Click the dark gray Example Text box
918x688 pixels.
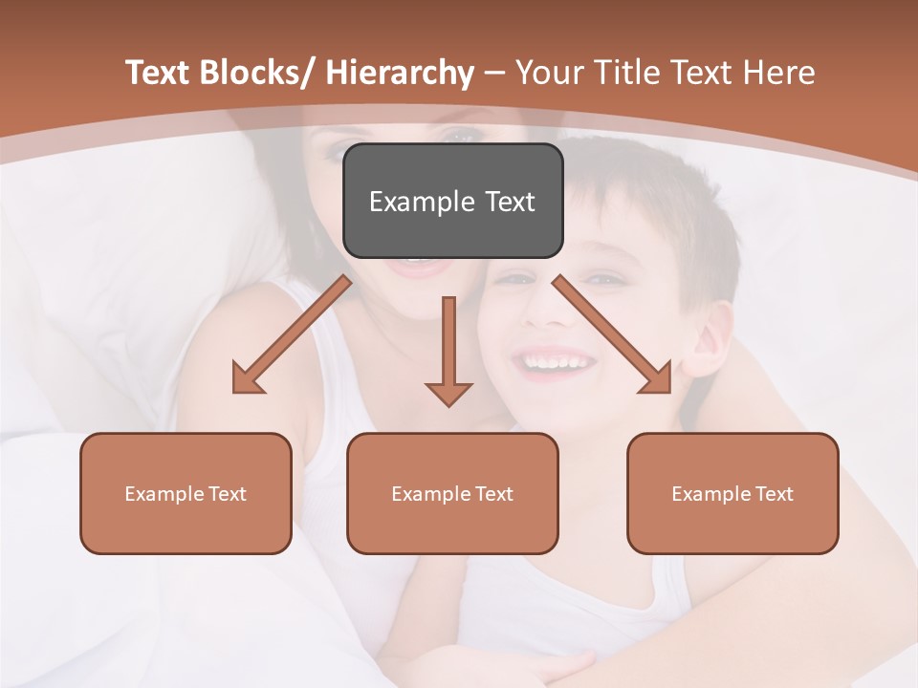(452, 201)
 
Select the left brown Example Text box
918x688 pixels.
(186, 493)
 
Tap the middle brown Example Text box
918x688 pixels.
(452, 493)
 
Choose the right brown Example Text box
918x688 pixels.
(732, 493)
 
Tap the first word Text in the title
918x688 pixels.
(158, 73)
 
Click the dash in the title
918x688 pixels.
(494, 73)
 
